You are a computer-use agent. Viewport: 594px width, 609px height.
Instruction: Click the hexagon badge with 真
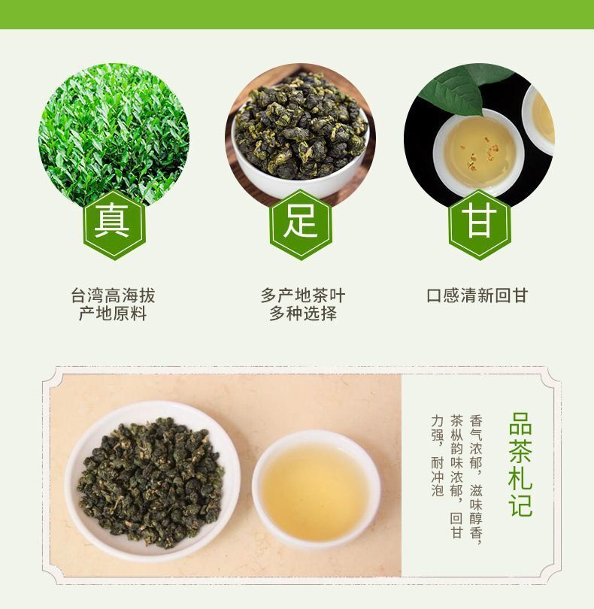[x=114, y=225]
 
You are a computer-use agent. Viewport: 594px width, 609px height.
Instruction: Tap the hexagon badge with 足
[x=300, y=225]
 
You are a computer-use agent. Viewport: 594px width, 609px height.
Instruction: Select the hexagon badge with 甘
[x=480, y=225]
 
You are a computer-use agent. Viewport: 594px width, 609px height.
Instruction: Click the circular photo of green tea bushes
[x=114, y=134]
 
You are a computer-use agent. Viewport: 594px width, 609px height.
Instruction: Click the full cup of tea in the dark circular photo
[x=479, y=151]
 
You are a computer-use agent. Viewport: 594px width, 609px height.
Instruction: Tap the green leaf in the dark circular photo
[x=462, y=87]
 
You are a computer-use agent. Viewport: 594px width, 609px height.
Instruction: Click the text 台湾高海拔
[x=113, y=295]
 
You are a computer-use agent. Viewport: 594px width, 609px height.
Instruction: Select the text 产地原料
[x=113, y=314]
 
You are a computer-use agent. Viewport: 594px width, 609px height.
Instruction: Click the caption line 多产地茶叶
[x=302, y=295]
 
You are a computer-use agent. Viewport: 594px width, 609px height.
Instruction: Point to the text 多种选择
[x=302, y=314]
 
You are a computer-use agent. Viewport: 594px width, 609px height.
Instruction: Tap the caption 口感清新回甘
[x=477, y=295]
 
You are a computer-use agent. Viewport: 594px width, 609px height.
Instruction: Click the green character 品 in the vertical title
[x=520, y=423]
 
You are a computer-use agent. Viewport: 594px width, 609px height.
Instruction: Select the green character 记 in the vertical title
[x=520, y=504]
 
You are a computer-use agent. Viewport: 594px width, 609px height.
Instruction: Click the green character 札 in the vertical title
[x=520, y=477]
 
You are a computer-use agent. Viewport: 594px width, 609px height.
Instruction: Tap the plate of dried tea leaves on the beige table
[x=153, y=482]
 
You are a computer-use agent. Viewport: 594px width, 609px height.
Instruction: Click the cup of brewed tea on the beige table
[x=316, y=489]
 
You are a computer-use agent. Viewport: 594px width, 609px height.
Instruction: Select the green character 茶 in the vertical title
[x=520, y=450]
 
